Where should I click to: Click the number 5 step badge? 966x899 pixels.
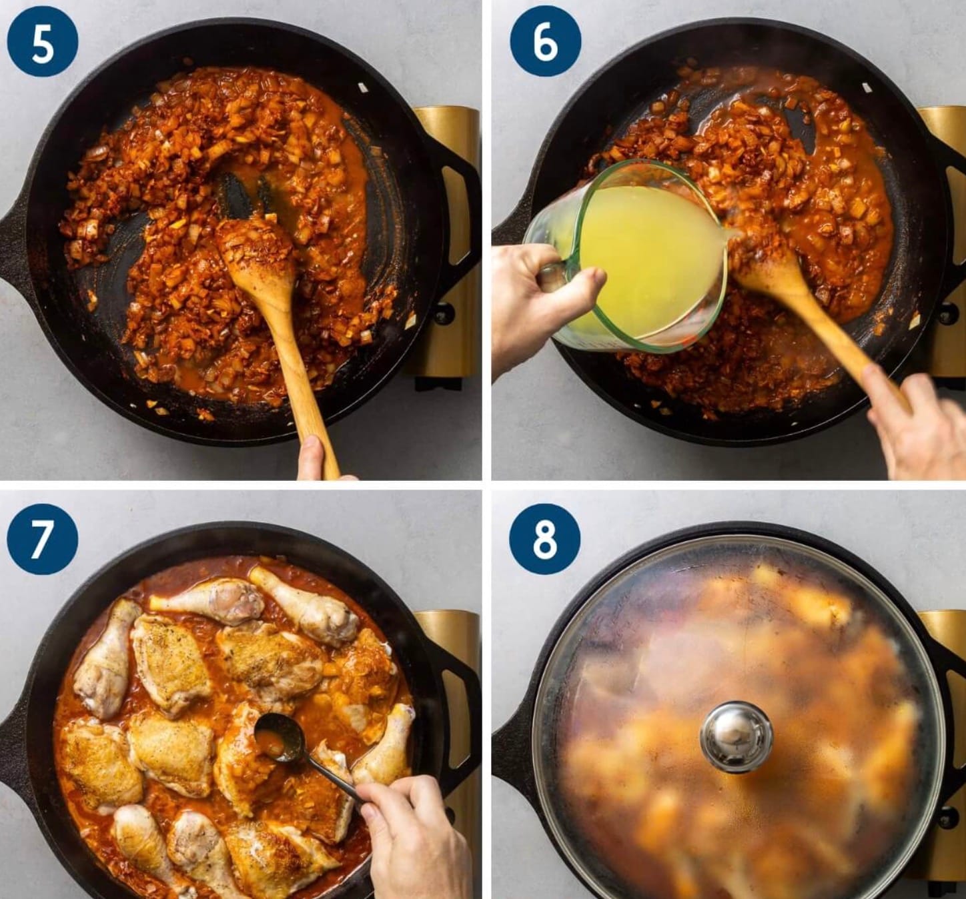click(42, 41)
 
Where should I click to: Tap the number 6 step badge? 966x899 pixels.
click(545, 41)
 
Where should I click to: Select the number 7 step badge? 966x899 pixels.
click(42, 540)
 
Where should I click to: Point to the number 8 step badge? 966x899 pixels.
click(545, 540)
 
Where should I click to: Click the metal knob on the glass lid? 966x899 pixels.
click(736, 736)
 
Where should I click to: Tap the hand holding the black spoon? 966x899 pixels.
click(414, 837)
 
